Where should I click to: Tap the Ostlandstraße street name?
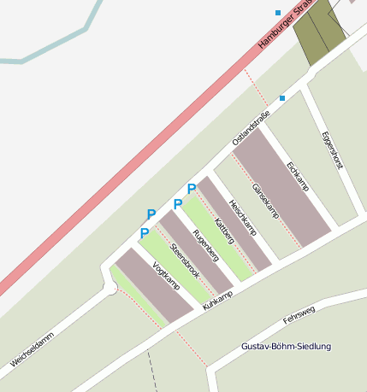click(x=251, y=126)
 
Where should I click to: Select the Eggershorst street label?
click(x=331, y=150)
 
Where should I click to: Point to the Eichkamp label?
click(x=298, y=175)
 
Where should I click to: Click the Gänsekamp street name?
click(x=265, y=202)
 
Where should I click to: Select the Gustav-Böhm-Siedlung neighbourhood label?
click(x=286, y=346)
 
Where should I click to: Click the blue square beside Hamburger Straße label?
click(x=278, y=13)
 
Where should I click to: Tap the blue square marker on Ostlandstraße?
click(x=282, y=98)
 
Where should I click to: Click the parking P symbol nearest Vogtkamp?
click(x=145, y=233)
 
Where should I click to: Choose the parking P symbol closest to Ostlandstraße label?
click(x=192, y=189)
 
